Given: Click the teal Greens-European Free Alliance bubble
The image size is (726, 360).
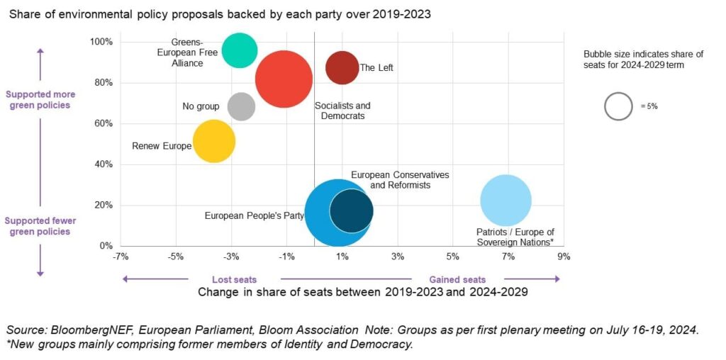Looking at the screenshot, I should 240,50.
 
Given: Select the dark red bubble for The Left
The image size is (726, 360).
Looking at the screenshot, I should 342,67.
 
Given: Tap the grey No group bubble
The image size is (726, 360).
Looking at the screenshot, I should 241,106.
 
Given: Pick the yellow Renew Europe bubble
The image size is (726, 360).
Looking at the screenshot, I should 214,142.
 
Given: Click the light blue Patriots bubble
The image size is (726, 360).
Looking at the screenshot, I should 506,201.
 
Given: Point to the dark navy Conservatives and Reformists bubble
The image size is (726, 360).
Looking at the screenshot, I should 352,210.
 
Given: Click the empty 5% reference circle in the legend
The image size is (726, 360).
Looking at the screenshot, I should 618,106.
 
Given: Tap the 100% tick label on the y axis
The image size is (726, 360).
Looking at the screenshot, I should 101,42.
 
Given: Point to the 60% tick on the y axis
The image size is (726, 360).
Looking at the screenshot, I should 103,123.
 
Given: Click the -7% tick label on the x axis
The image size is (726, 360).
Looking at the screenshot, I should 121,257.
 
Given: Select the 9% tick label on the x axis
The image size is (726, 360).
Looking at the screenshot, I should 564,257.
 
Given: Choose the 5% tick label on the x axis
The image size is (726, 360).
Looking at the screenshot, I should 453,257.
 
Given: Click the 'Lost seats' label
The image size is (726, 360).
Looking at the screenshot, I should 234,279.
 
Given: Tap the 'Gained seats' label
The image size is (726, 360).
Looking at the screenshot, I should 457,279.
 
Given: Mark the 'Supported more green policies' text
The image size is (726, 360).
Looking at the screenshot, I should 40,99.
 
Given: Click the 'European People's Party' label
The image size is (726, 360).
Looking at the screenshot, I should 254,215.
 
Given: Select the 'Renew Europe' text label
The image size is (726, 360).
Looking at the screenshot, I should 162,146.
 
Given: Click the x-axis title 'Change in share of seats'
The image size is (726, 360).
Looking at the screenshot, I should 362,292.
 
